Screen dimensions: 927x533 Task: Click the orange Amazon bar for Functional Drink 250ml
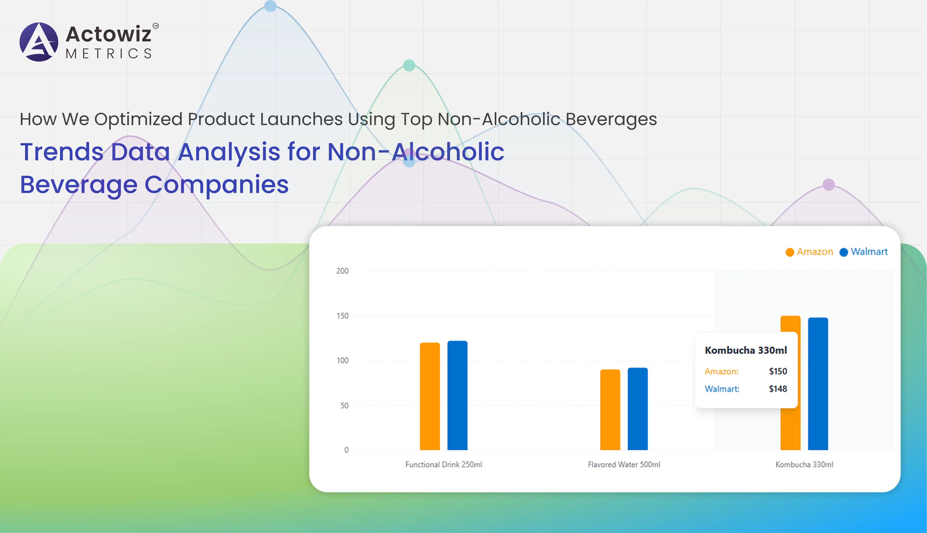click(430, 396)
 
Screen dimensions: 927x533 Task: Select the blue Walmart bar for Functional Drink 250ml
click(457, 395)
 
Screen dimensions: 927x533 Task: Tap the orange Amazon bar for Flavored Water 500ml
click(610, 410)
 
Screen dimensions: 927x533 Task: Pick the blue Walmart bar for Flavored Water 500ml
click(638, 409)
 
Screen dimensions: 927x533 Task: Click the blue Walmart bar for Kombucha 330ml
click(818, 384)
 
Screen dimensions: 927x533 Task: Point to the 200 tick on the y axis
click(342, 271)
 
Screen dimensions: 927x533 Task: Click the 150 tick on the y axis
click(342, 316)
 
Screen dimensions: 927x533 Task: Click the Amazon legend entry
click(809, 252)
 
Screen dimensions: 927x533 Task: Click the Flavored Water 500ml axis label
click(624, 464)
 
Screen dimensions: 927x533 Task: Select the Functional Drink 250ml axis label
click(444, 464)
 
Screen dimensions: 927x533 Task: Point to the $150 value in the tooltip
click(778, 371)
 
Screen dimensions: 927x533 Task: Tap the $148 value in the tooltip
click(778, 389)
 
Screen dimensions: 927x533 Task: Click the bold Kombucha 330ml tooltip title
click(746, 350)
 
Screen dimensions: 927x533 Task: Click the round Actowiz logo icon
click(39, 42)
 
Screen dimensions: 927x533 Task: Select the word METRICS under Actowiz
click(109, 53)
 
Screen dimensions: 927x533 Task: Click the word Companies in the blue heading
click(217, 185)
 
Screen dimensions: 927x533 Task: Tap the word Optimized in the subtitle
click(138, 119)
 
